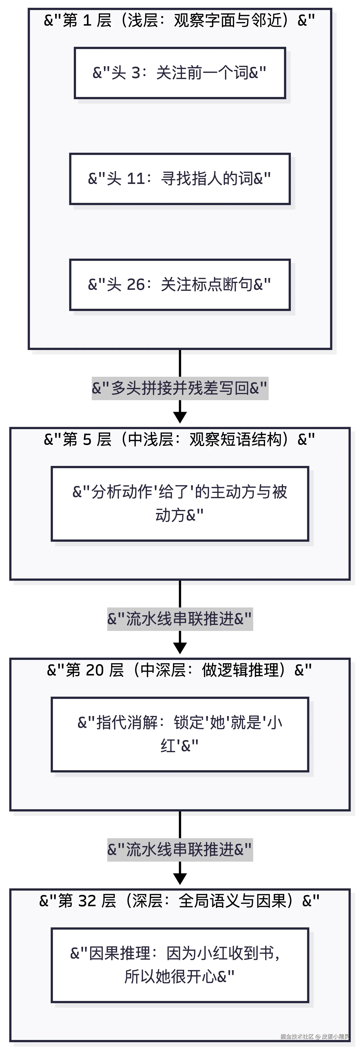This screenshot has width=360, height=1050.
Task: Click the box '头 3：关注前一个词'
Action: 180,73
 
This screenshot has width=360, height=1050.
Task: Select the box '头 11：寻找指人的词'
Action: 180,179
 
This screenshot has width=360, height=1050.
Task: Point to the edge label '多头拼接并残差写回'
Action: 180,388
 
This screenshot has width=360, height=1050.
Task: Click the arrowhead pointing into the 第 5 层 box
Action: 180,417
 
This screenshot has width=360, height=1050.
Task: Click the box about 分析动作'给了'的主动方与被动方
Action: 180,504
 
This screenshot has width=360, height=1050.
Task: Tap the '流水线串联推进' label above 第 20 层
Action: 180,619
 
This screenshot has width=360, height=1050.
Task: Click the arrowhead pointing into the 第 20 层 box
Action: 180,648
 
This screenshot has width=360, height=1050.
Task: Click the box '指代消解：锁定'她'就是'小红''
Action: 180,735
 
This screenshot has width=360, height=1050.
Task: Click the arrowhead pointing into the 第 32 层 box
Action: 180,879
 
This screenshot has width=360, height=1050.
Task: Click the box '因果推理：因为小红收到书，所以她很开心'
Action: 180,965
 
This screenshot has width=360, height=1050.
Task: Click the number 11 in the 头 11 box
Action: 136,179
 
